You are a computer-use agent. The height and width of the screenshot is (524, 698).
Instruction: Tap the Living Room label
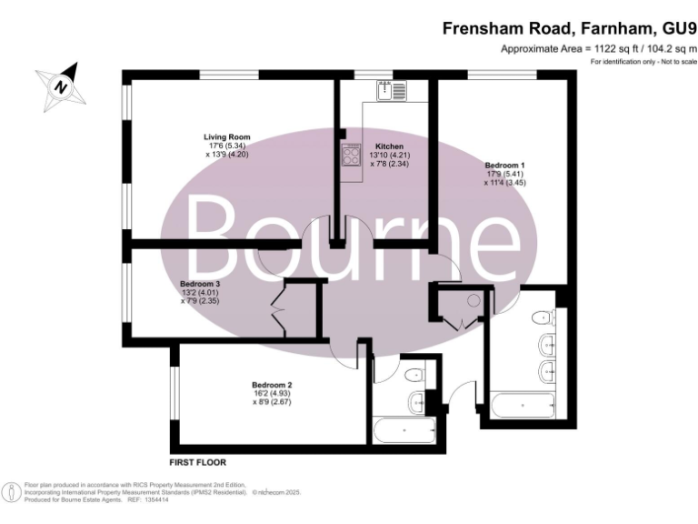(x=227, y=137)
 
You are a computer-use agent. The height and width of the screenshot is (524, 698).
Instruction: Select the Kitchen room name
(x=389, y=146)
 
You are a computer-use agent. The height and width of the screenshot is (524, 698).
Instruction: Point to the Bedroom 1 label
(x=504, y=165)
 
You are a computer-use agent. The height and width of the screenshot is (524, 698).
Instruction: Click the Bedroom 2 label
(x=273, y=386)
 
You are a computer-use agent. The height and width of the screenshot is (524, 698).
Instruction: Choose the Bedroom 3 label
(x=201, y=284)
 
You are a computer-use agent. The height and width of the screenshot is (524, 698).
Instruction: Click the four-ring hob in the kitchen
(x=351, y=155)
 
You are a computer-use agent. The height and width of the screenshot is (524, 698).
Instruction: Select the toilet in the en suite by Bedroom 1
(x=543, y=317)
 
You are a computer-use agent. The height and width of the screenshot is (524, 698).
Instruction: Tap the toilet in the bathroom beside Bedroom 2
(x=414, y=373)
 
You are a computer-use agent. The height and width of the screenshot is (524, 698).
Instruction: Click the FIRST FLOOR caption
(x=197, y=462)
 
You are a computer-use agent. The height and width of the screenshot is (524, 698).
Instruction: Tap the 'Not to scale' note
(x=675, y=61)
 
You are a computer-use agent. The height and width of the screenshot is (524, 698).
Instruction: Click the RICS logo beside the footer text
(x=13, y=491)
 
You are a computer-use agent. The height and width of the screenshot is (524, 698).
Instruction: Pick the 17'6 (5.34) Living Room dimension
(x=227, y=146)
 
